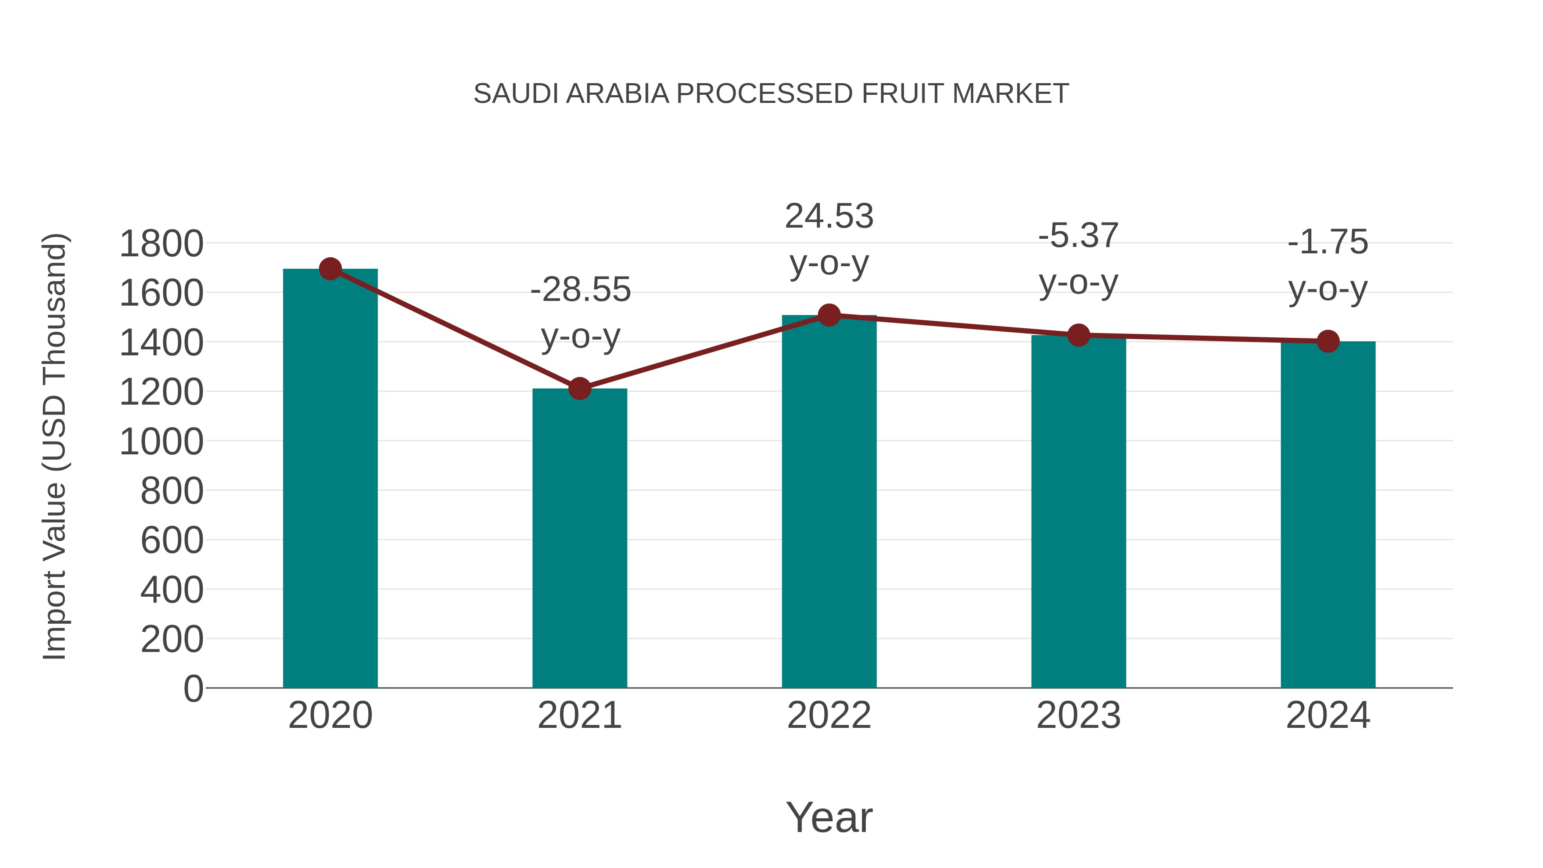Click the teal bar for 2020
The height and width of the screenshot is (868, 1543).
coord(330,479)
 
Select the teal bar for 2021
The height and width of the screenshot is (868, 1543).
coord(579,539)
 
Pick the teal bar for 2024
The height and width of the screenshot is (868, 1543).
coord(1327,515)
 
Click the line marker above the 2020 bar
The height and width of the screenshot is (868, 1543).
coord(330,269)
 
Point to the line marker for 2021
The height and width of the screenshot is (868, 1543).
coord(579,389)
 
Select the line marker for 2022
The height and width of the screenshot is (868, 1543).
coord(829,315)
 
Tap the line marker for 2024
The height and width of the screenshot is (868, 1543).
coord(1327,342)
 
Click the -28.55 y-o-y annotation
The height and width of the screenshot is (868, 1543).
coord(580,313)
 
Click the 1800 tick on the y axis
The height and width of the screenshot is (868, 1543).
coord(161,244)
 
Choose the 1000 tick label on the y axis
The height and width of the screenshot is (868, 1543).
coord(161,442)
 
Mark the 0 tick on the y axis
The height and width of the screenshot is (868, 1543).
coord(193,688)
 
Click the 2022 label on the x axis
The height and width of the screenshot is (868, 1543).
coord(829,715)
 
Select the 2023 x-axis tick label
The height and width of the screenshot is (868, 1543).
coord(1078,715)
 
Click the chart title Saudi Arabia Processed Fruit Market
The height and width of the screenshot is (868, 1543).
coord(771,93)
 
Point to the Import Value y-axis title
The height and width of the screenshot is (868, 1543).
coord(54,446)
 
